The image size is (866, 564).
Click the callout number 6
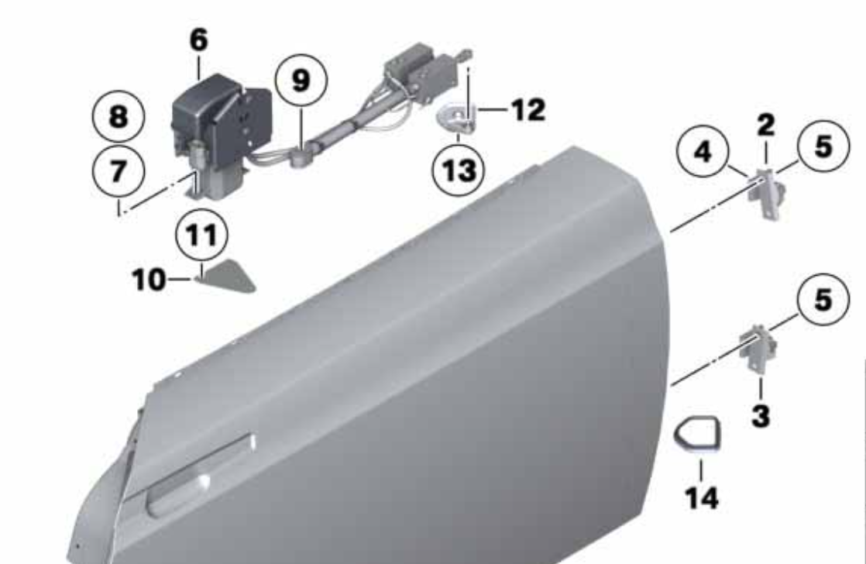[199, 40]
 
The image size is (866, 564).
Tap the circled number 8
[119, 116]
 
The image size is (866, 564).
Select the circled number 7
[119, 170]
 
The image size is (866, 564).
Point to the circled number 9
[301, 81]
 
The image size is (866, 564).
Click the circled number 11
[201, 236]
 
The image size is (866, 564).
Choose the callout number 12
[528, 110]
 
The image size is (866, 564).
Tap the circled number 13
[459, 170]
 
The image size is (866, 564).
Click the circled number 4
[703, 151]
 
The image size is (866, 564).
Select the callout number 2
[765, 126]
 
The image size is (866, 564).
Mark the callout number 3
[761, 415]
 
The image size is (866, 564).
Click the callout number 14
[702, 497]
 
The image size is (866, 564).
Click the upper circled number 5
[823, 146]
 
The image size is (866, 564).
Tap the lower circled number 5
[823, 299]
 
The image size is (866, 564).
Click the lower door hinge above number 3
[759, 348]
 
